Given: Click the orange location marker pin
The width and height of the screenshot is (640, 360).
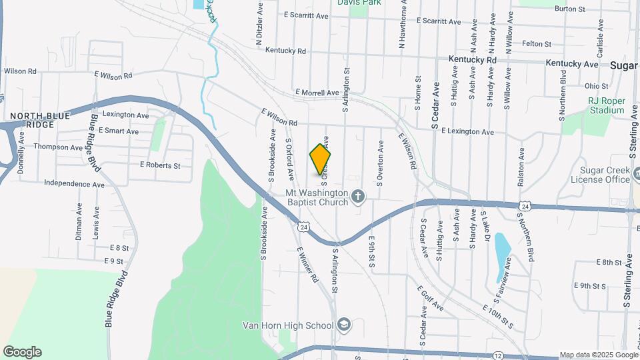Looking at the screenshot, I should point(320,160).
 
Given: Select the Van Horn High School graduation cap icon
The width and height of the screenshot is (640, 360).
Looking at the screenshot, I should point(344,325).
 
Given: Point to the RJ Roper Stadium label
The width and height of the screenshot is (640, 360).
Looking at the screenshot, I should point(606,105).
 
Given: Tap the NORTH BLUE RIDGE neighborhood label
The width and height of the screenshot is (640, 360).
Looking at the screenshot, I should point(39,121).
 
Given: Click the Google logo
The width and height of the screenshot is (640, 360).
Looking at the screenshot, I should point(22,352).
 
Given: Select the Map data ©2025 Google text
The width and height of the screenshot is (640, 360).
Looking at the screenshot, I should point(598,355).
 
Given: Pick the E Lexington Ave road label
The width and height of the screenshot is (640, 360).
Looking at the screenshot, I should point(467,132).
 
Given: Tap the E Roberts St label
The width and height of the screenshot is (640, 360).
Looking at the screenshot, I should point(160,165).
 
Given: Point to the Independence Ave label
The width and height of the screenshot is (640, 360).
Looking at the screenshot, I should point(74,183).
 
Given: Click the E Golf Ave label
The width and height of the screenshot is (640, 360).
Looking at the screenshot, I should point(431,298).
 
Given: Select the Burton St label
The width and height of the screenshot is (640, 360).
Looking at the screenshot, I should point(569,9).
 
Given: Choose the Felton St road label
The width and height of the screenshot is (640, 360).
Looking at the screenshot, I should point(537,44).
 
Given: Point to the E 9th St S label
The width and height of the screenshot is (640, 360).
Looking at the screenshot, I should point(591,285).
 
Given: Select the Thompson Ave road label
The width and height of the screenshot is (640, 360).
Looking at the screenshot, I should point(58,147).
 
